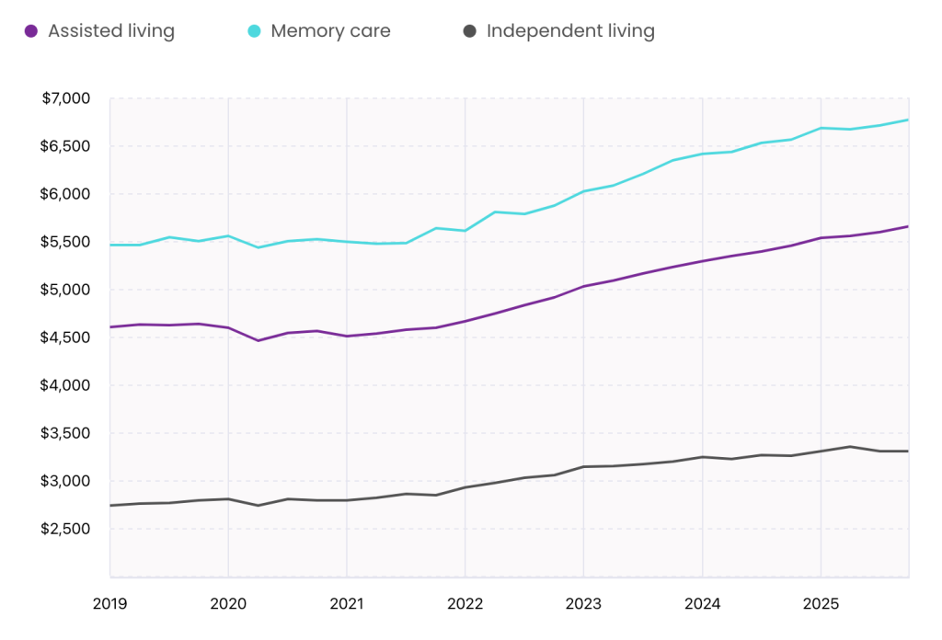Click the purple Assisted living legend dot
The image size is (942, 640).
coord(30,31)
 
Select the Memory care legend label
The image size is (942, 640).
coord(330,31)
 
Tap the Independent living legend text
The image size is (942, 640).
coord(570,31)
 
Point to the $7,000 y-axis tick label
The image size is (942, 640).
coord(65,98)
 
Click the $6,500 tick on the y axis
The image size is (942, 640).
coord(65,146)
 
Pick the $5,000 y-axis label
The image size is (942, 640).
coord(65,290)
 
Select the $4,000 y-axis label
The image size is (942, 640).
coord(65,385)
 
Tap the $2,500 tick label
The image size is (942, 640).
coord(65,529)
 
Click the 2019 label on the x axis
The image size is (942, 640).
coord(109,604)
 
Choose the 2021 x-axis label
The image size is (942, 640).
coord(346,604)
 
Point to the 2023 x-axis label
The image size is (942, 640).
coord(583,604)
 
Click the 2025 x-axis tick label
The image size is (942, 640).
coord(820,604)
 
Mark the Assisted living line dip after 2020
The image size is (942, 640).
coord(258,341)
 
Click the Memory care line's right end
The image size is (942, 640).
coord(908,120)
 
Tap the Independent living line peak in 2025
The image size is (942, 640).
coord(850,447)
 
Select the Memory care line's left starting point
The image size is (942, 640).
coord(110,245)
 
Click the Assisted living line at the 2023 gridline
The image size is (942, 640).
coord(583,286)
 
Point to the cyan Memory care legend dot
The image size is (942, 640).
coord(254,31)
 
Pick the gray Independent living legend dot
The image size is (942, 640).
coord(469,31)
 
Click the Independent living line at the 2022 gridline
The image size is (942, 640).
coord(465,487)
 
